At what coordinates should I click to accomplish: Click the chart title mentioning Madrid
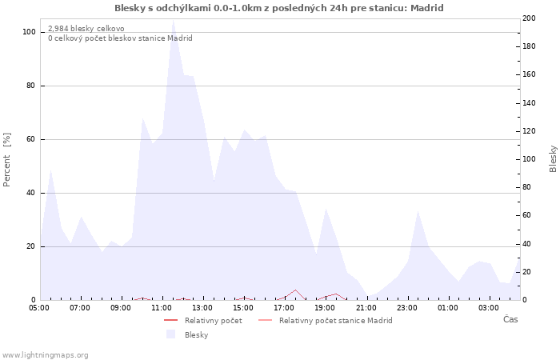click(279, 8)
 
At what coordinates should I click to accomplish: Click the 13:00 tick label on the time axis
click(202, 307)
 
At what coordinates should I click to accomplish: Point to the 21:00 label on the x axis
click(366, 307)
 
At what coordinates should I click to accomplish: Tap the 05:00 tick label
click(39, 307)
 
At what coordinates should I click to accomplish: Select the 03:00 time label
click(489, 307)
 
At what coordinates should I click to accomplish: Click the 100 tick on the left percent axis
click(29, 32)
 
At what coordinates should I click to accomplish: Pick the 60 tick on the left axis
click(31, 139)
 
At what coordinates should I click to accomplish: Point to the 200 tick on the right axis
click(529, 18)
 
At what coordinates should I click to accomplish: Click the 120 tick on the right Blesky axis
click(529, 131)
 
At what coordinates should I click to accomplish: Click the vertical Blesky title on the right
click(553, 158)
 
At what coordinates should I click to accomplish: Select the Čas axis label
click(510, 320)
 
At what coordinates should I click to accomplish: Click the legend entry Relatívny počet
click(213, 320)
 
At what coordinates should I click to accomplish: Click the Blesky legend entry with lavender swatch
click(196, 335)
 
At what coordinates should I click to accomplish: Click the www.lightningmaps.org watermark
click(45, 354)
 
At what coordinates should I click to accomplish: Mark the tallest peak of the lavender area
click(173, 20)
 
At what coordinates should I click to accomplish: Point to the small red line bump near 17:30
click(295, 290)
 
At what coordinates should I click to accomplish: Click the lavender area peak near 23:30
click(418, 211)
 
